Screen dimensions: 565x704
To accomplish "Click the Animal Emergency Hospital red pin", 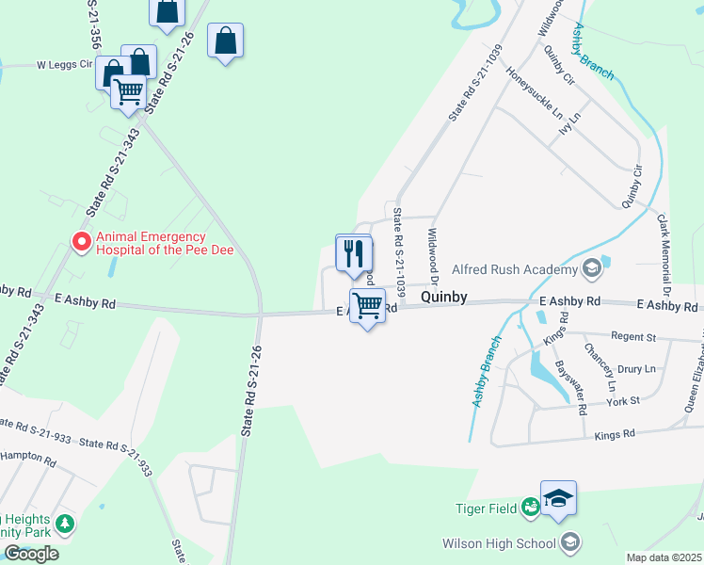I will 82,242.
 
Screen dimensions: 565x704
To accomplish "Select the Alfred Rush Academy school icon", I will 591,269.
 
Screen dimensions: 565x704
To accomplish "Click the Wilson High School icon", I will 569,542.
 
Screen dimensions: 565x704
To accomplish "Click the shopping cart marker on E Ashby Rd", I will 367,305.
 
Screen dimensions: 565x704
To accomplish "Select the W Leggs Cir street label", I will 65,65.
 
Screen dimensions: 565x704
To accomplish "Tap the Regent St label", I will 632,336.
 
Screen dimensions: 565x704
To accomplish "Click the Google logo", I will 30,554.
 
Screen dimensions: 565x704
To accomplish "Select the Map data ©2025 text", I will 664,557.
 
